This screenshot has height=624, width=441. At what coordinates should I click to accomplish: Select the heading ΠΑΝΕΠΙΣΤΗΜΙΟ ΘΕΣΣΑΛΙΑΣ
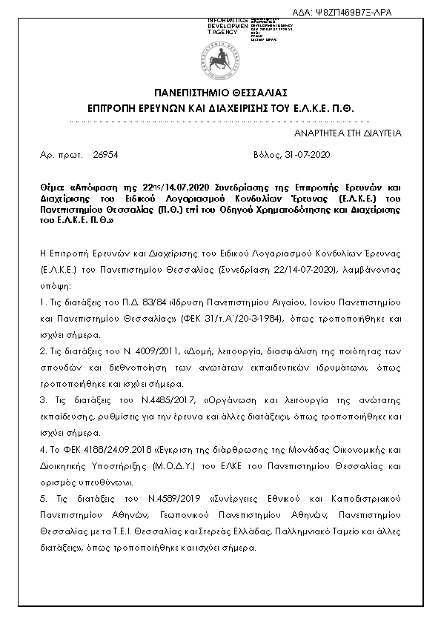tap(220, 93)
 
